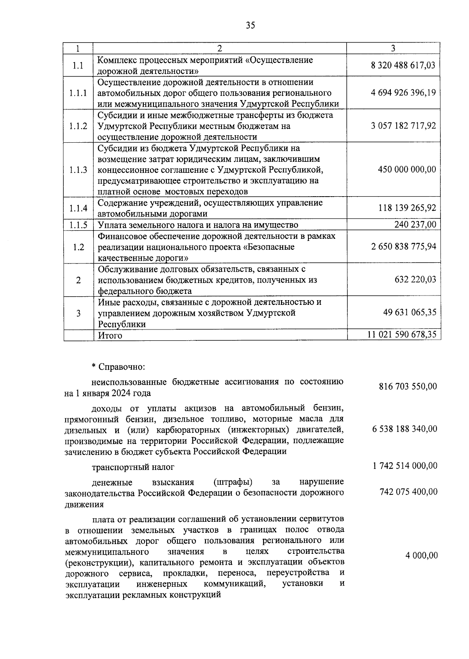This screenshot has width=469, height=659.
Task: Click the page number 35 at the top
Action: click(x=251, y=25)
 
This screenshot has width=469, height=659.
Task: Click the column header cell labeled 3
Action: click(x=393, y=48)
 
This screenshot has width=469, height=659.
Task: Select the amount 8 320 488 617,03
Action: click(x=403, y=65)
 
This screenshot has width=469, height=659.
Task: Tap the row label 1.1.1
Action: click(x=78, y=93)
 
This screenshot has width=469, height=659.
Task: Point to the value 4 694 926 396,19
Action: click(x=403, y=93)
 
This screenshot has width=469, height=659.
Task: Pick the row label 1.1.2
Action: click(x=78, y=126)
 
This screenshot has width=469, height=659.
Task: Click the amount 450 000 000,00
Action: click(x=407, y=169)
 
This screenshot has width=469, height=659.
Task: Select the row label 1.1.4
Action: click(x=78, y=208)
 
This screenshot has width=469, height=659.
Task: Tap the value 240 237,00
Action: click(x=415, y=224)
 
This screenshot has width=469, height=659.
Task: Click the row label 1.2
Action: click(x=78, y=247)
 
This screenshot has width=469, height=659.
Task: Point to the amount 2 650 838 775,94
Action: click(x=403, y=247)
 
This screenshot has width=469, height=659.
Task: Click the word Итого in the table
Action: click(x=110, y=335)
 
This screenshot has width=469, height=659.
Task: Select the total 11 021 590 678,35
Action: click(x=402, y=335)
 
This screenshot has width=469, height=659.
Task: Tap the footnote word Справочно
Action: click(x=122, y=367)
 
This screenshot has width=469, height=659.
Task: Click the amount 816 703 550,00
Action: click(x=408, y=387)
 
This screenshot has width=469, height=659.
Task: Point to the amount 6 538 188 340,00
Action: click(x=405, y=429)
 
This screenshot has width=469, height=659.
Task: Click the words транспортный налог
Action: click(x=133, y=467)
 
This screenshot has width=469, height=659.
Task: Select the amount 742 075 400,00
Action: click(x=408, y=492)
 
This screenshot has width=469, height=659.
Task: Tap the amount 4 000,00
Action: click(x=422, y=555)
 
